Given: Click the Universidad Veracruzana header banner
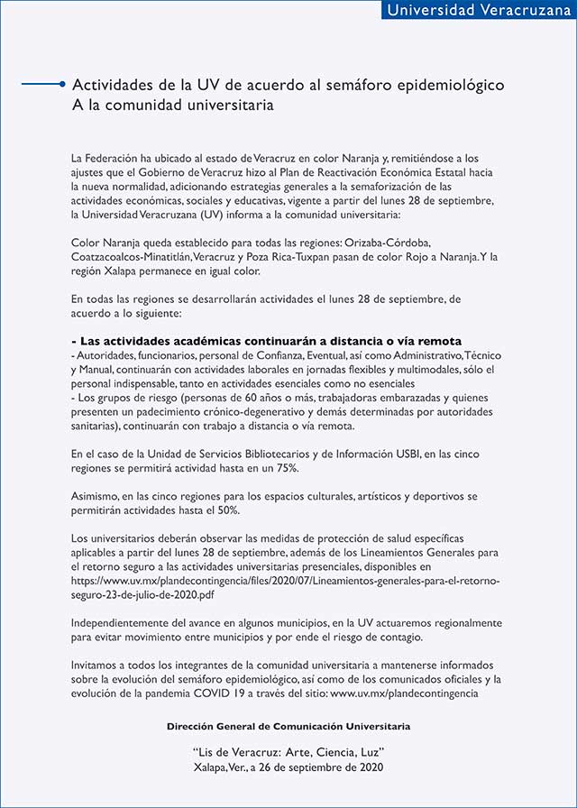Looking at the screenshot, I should tap(473, 11).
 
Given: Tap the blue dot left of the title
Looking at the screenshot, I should tap(61, 85).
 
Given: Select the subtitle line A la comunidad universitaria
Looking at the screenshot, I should tap(173, 105).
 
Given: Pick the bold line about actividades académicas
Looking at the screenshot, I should tap(266, 342).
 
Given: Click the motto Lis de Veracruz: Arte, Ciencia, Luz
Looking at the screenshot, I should tap(288, 751).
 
